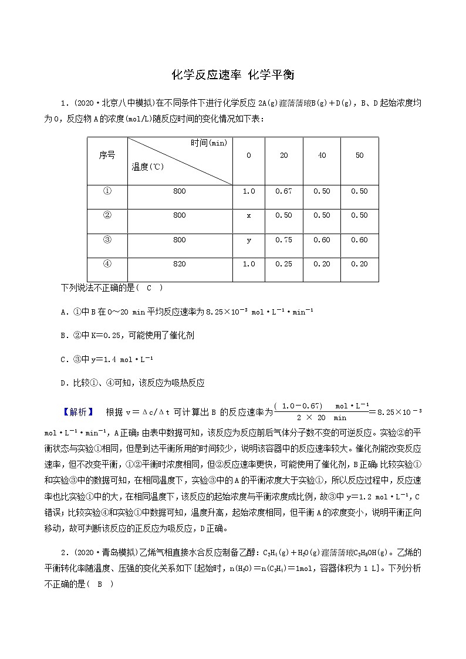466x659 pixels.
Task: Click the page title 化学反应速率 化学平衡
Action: pyautogui.click(x=232, y=75)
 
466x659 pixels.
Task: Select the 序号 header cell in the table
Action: pyautogui.click(x=107, y=156)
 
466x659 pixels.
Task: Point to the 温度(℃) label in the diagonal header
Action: pyautogui.click(x=148, y=167)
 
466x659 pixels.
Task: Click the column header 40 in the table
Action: pyautogui.click(x=322, y=156)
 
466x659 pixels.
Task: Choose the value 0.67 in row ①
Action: pyautogui.click(x=283, y=191)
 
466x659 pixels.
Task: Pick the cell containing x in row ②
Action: pyautogui.click(x=248, y=215)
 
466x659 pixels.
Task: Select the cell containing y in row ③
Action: pyautogui.click(x=248, y=239)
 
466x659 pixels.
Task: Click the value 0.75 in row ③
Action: pyautogui.click(x=283, y=239)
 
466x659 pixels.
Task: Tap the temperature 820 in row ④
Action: pyautogui.click(x=180, y=264)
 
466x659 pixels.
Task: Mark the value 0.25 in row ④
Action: pyautogui.click(x=283, y=264)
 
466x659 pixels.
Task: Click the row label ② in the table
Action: pyautogui.click(x=107, y=215)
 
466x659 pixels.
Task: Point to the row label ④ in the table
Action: pyautogui.click(x=107, y=264)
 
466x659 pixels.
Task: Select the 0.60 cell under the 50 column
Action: pyautogui.click(x=359, y=239)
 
